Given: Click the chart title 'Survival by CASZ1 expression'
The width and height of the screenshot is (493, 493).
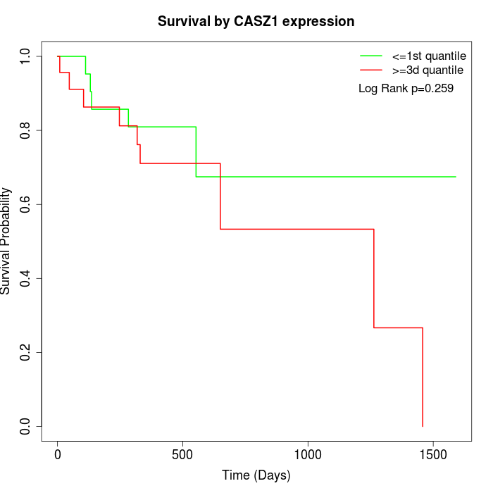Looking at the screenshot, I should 256,22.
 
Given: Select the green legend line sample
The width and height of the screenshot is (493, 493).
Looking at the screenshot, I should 371,56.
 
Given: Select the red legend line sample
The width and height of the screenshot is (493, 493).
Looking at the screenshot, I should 371,70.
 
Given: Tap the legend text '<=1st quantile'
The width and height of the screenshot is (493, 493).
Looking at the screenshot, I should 428,56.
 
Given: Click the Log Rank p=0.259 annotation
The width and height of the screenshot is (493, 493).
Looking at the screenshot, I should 406,89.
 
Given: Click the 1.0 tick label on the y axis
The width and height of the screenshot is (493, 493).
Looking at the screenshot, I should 26,56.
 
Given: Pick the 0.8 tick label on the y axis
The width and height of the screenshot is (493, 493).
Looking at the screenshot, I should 26,130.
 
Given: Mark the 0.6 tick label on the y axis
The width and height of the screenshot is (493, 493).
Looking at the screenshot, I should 26,204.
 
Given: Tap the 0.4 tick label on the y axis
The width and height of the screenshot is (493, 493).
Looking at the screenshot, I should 26,278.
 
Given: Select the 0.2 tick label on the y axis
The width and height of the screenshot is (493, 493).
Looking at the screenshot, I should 26,352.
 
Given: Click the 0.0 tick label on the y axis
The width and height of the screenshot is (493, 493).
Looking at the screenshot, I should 26,426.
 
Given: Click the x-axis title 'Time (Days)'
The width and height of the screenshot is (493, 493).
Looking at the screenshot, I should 256,475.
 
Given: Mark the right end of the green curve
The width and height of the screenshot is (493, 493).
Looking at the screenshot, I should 456,177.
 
